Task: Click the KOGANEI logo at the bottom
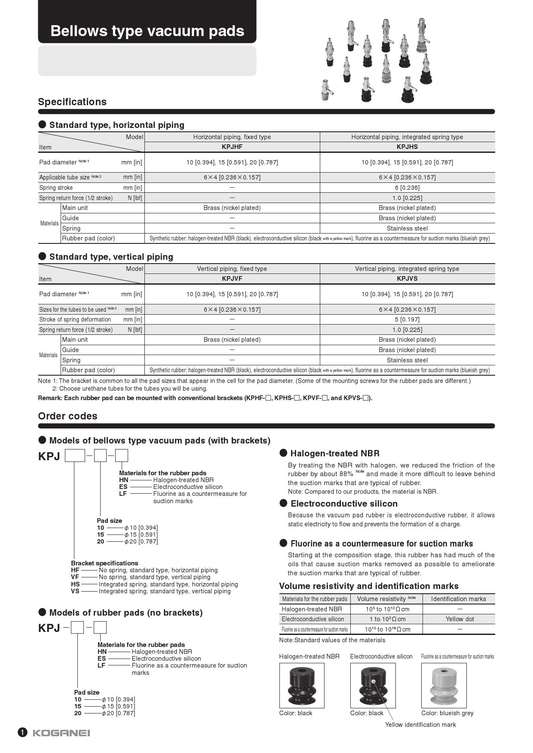[61, 733]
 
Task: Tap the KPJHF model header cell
[232, 147]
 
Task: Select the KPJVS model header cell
[407, 279]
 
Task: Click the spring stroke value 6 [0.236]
[407, 188]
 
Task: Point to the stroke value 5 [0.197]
[407, 319]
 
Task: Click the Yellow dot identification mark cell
[459, 619]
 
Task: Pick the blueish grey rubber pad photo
[444, 685]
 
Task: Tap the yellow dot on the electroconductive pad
[374, 681]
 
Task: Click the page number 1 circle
[22, 732]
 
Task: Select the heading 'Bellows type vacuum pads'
[147, 31]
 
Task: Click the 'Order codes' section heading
[67, 416]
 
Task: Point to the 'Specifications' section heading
[72, 102]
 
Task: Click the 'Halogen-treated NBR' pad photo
[302, 685]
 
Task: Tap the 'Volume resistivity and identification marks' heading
[368, 586]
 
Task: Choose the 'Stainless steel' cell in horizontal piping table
[407, 228]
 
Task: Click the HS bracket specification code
[75, 584]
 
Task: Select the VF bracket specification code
[75, 577]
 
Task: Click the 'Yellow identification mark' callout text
[420, 725]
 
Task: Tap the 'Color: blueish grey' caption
[447, 713]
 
